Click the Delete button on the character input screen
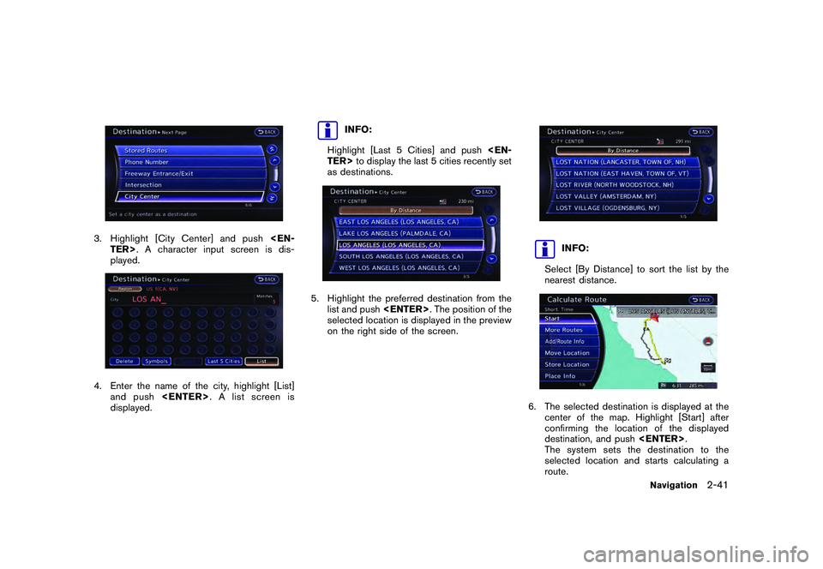click(x=124, y=361)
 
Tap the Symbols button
click(x=157, y=361)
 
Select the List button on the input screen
click(x=261, y=361)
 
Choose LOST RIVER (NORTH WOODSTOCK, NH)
click(x=614, y=184)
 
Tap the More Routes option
click(x=563, y=330)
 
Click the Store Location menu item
click(x=567, y=364)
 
